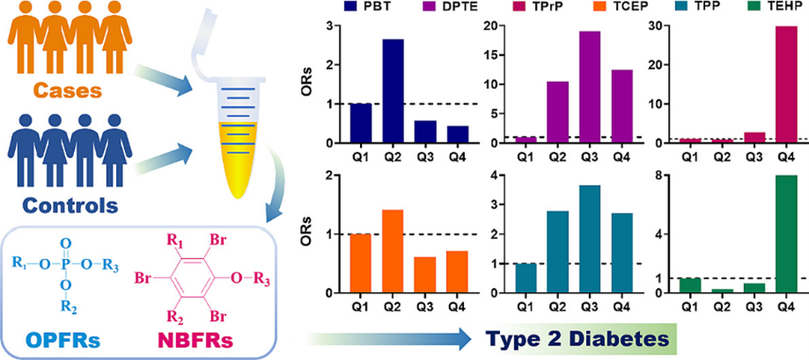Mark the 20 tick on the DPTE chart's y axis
[491, 26]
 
